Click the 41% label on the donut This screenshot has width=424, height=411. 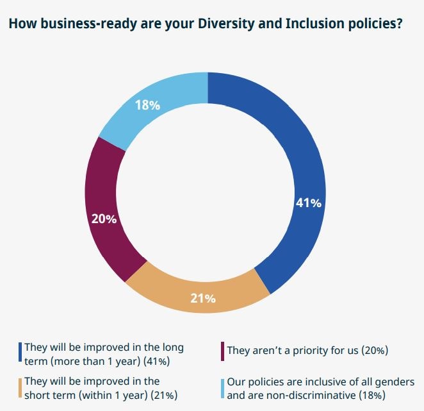coord(307,203)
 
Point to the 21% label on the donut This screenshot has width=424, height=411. coord(202,298)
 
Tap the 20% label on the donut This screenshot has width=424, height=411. coord(104,219)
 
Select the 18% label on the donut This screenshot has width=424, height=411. coord(147,105)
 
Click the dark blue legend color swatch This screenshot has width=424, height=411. coord(20,353)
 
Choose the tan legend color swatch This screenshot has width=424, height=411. coord(20,389)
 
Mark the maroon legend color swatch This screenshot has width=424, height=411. coord(222,351)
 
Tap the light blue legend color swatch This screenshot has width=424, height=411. coord(222,389)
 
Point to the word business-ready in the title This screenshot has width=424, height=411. coord(74,25)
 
